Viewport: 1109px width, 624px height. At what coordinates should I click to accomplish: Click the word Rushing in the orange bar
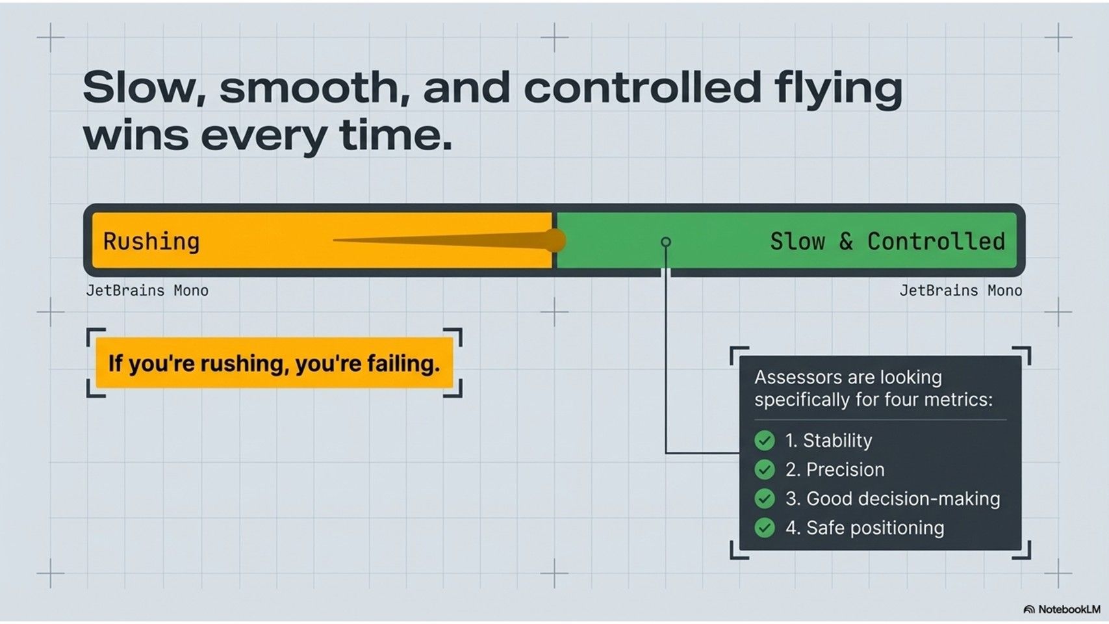[151, 241]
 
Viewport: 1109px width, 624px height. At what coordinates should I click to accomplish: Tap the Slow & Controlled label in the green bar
[887, 241]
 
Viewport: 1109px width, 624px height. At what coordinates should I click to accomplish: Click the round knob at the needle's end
[554, 240]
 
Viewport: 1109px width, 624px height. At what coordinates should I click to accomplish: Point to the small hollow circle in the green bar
[666, 242]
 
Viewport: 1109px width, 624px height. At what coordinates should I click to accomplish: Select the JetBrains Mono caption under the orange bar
[147, 291]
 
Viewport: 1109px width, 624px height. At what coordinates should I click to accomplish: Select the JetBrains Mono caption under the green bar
[960, 291]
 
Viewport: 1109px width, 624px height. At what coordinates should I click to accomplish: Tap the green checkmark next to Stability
[765, 441]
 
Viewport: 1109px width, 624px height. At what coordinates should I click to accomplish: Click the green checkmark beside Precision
[765, 469]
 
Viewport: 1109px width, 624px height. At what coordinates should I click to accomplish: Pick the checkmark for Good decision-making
[765, 499]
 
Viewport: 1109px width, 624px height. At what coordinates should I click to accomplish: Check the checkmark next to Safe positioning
[765, 528]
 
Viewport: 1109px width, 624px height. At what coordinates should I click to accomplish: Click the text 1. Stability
[828, 441]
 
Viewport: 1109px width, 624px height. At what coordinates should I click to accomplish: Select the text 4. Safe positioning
[864, 528]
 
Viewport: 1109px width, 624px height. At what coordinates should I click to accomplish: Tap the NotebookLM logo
[1062, 610]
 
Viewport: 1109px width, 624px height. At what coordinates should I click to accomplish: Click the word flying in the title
[838, 88]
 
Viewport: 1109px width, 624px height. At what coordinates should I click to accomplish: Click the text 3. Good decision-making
[893, 499]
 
